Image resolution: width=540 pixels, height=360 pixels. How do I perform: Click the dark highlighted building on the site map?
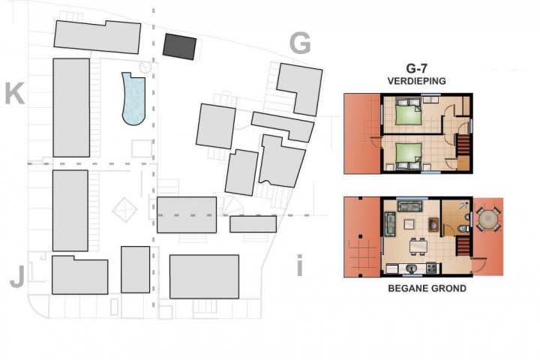pyautogui.click(x=179, y=46)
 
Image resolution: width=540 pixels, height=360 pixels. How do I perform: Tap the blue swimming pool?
pyautogui.click(x=134, y=99)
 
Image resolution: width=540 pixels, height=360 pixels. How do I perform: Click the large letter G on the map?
pyautogui.click(x=300, y=43)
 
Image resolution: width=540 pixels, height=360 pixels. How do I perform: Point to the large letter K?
pyautogui.click(x=14, y=94)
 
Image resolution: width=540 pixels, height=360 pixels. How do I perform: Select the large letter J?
pyautogui.click(x=17, y=277)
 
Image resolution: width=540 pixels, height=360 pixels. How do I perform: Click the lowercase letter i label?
pyautogui.click(x=299, y=265)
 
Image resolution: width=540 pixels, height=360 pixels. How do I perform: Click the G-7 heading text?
pyautogui.click(x=416, y=68)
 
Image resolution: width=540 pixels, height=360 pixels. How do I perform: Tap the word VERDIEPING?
pyautogui.click(x=417, y=81)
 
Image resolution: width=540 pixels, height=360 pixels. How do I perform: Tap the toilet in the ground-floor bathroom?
pyautogui.click(x=463, y=229)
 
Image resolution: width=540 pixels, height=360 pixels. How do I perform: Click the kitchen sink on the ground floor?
pyautogui.click(x=410, y=268)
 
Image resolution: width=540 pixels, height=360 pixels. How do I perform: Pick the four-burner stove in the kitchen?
pyautogui.click(x=431, y=268)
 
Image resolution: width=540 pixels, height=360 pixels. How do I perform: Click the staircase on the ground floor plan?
pyautogui.click(x=463, y=244)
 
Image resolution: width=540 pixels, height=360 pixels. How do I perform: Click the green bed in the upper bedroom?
pyautogui.click(x=409, y=111)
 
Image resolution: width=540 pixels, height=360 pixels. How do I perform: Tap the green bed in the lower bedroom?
pyautogui.click(x=409, y=156)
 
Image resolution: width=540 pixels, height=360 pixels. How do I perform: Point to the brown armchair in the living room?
pyautogui.click(x=433, y=224)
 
